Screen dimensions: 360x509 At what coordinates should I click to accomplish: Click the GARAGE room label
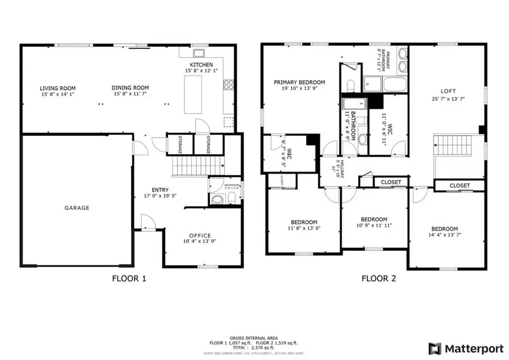(x=76, y=208)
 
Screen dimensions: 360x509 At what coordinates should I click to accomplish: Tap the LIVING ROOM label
(x=58, y=88)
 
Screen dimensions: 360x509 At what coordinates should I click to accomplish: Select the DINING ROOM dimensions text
(x=131, y=94)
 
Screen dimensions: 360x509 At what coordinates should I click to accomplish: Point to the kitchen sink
(x=199, y=54)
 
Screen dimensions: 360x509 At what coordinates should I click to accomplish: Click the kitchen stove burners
(x=229, y=85)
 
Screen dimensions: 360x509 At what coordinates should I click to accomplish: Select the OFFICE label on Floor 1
(x=197, y=235)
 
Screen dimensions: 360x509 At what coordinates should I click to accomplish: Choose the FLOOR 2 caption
(x=375, y=278)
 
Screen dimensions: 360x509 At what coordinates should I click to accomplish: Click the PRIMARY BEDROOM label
(x=299, y=82)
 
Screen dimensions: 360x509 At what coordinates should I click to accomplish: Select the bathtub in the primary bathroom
(x=395, y=85)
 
